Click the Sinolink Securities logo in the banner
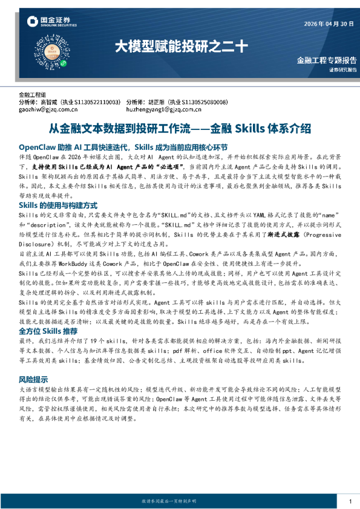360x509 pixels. pyautogui.click(x=51, y=22)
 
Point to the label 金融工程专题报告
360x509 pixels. pyautogui.click(x=327, y=60)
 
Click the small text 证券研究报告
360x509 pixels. pyautogui.click(x=342, y=70)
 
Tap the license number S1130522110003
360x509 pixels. pyautogui.click(x=99, y=102)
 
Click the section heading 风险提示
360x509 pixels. pyautogui.click(x=34, y=380)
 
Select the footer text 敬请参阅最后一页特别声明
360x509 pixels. pyautogui.click(x=174, y=501)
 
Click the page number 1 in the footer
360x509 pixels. pyautogui.click(x=350, y=501)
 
